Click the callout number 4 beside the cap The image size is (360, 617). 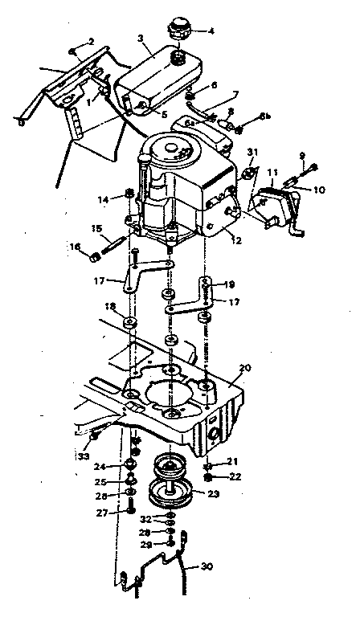212,31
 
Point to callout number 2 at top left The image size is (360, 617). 91,41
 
